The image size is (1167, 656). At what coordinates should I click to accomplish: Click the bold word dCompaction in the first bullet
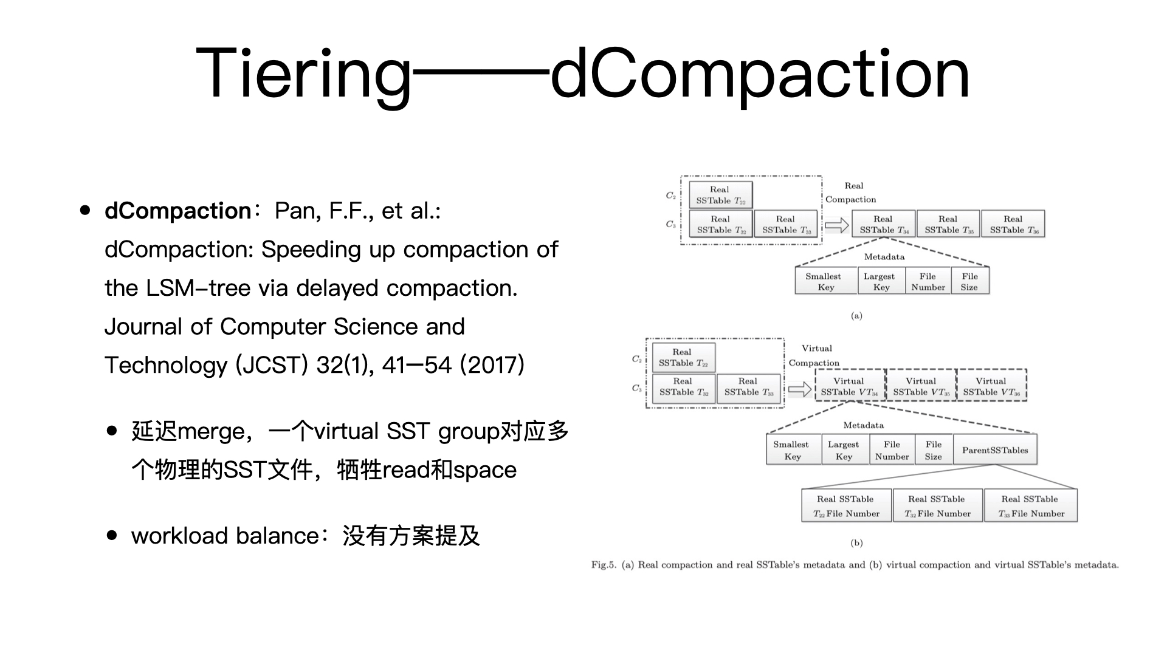point(177,211)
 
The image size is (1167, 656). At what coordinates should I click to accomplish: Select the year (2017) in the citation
point(492,365)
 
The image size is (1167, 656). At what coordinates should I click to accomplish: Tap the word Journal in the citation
point(143,327)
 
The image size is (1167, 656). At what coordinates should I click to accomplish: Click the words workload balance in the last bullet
point(225,536)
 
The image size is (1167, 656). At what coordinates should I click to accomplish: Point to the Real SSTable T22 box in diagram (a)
point(721,195)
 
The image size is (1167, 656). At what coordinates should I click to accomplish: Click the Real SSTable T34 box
point(884,224)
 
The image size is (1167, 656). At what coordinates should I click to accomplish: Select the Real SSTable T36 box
point(1013,224)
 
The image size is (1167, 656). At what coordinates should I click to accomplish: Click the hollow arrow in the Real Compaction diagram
point(837,225)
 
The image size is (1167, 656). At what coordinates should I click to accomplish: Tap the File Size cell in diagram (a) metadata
point(969,281)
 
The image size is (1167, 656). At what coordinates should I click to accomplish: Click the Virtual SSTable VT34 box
point(850,386)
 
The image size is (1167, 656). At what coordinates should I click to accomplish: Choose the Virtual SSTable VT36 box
point(991,386)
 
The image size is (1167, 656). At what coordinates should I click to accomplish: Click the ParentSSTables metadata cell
point(995,450)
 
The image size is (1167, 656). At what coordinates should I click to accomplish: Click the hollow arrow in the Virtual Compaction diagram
point(800,389)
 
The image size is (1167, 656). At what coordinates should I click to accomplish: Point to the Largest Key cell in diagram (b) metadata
point(844,450)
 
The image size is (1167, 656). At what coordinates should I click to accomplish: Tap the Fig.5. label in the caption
point(604,565)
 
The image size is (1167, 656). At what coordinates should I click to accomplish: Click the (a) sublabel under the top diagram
point(856,315)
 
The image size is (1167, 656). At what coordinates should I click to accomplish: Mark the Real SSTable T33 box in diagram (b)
point(748,387)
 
